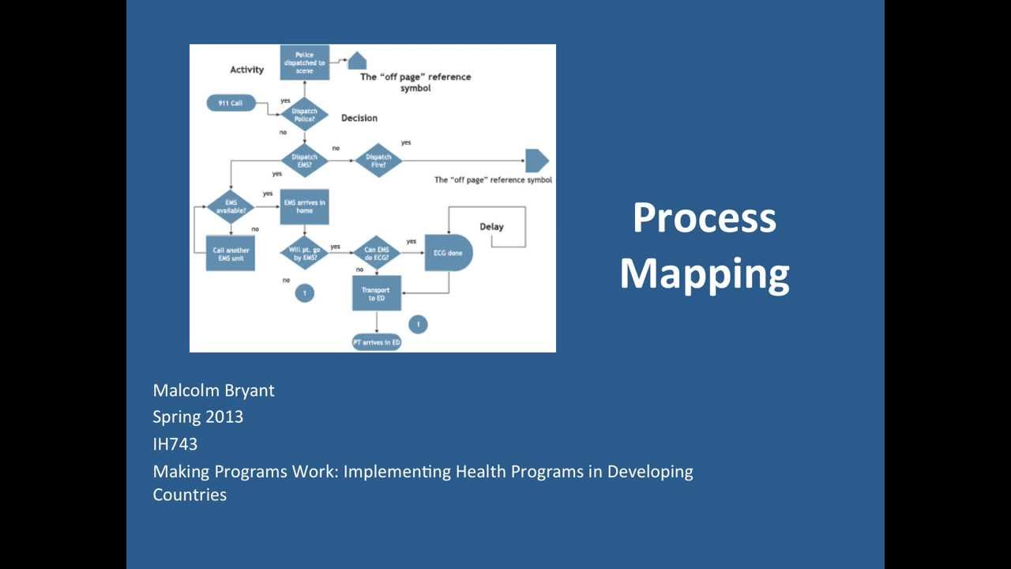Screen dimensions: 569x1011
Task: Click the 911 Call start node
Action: click(231, 104)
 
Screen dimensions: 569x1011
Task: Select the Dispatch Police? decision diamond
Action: click(304, 115)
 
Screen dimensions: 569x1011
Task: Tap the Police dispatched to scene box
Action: click(304, 62)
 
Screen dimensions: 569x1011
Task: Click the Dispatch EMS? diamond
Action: click(304, 160)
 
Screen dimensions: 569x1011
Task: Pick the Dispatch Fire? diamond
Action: click(378, 160)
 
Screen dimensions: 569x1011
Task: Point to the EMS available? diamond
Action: click(231, 207)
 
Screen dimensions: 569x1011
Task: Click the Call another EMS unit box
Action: click(231, 254)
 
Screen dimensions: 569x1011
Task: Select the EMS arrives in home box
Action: click(304, 206)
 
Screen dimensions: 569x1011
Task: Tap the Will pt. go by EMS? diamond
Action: click(304, 254)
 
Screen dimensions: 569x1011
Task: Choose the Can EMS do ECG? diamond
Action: click(377, 254)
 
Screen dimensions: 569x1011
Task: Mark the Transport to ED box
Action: click(376, 293)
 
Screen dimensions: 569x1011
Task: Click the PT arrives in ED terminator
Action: click(376, 342)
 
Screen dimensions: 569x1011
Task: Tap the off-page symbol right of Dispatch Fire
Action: click(536, 160)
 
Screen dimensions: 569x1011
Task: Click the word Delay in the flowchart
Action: click(491, 227)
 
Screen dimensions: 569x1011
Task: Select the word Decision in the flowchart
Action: click(359, 118)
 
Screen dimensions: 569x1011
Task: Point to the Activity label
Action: click(246, 70)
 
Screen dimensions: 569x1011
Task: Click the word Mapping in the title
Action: click(704, 273)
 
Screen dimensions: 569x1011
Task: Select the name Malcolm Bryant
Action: click(213, 390)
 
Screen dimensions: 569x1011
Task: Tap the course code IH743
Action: click(175, 444)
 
